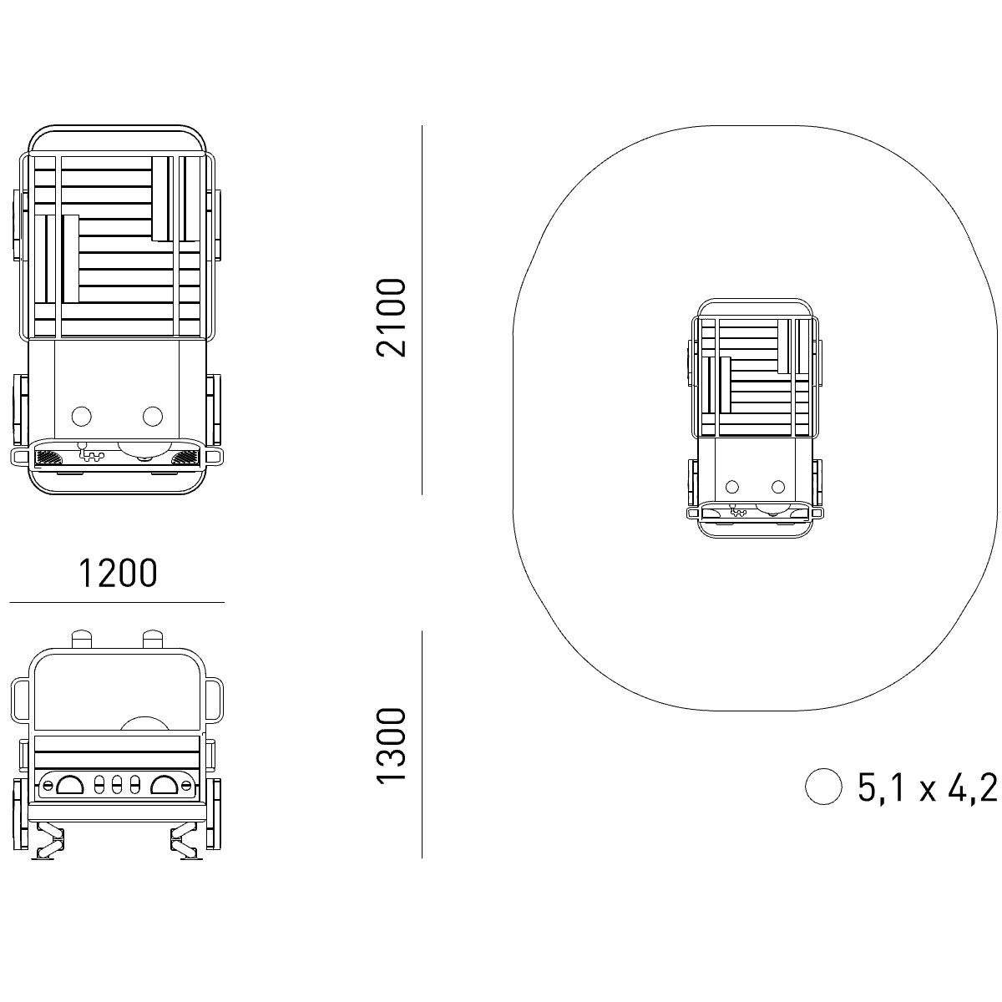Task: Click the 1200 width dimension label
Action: click(118, 573)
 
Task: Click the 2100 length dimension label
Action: click(391, 317)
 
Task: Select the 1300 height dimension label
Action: click(391, 746)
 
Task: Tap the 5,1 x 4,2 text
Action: click(928, 787)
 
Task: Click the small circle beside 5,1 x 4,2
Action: click(823, 787)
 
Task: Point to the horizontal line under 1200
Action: click(117, 603)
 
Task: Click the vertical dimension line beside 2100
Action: click(423, 310)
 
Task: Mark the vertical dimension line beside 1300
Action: click(423, 744)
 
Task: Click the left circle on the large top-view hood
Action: click(82, 416)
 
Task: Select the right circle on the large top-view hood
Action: click(153, 416)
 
